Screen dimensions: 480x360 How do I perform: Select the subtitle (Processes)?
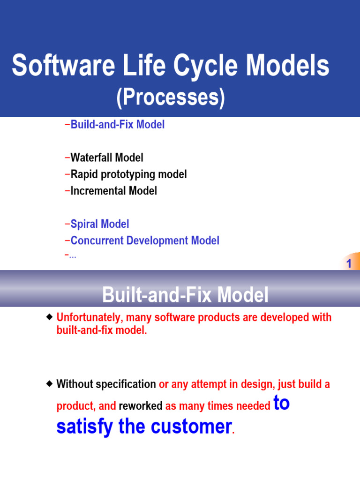click(171, 97)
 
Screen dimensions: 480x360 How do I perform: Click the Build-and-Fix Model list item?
click(117, 125)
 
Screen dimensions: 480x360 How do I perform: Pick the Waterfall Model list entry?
click(106, 157)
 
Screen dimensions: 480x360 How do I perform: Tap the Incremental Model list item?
click(113, 191)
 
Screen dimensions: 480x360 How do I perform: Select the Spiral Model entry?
click(99, 224)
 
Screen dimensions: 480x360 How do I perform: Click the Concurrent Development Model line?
click(144, 241)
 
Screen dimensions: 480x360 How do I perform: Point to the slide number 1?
click(349, 264)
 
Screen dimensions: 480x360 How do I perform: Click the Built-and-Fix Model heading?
click(186, 295)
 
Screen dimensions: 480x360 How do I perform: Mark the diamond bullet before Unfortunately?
click(50, 317)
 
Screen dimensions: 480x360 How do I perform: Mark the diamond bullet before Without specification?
click(50, 384)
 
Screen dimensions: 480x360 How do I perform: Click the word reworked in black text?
click(141, 406)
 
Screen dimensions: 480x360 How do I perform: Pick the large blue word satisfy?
click(84, 427)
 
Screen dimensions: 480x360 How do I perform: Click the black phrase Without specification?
click(106, 384)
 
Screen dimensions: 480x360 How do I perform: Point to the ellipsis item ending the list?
click(72, 255)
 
